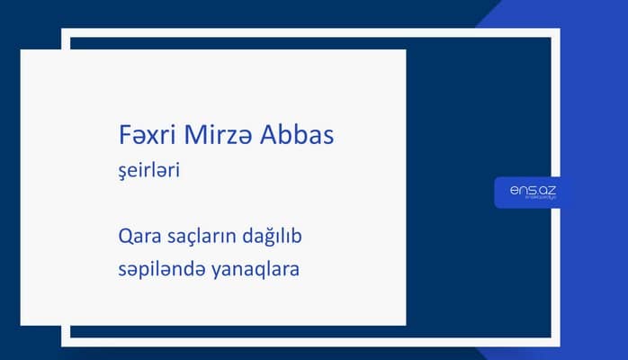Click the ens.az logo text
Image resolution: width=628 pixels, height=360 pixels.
[526, 189]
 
